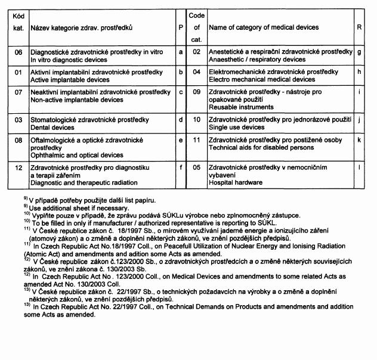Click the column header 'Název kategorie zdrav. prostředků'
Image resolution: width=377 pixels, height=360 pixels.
tap(81, 28)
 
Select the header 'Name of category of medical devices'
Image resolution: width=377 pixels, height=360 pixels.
tap(263, 28)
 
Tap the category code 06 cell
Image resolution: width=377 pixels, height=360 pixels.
tap(18, 52)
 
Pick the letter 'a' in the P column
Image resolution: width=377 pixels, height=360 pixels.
tap(181, 52)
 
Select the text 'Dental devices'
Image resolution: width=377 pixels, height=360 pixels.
tap(52, 128)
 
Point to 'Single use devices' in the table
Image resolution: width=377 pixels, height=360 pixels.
tap(236, 128)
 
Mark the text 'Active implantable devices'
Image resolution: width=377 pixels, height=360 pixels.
tap(67, 79)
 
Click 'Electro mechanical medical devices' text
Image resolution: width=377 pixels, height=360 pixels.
tap(262, 79)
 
